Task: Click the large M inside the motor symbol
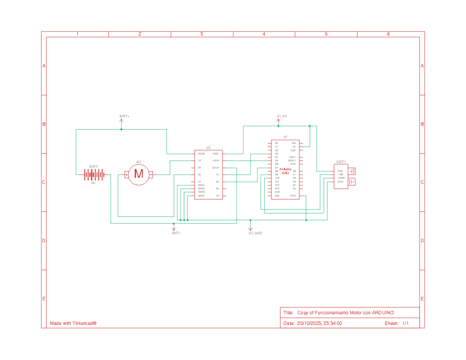point(139,174)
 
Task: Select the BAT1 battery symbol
point(94,175)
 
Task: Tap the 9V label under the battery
point(94,183)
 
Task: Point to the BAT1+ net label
point(124,116)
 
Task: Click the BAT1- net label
point(176,233)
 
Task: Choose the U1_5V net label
point(282,116)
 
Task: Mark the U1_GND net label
point(255,233)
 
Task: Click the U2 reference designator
point(209,148)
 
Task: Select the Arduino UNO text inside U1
point(285,171)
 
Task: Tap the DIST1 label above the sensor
point(341,162)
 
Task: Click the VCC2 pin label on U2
point(201,154)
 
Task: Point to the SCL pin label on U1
point(277,196)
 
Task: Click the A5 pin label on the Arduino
point(294,188)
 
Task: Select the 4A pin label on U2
point(217,196)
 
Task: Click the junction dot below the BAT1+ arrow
point(122,129)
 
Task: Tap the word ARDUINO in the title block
point(383,313)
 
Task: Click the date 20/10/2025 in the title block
point(309,323)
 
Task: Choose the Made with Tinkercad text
point(73,323)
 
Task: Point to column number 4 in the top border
point(264,34)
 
